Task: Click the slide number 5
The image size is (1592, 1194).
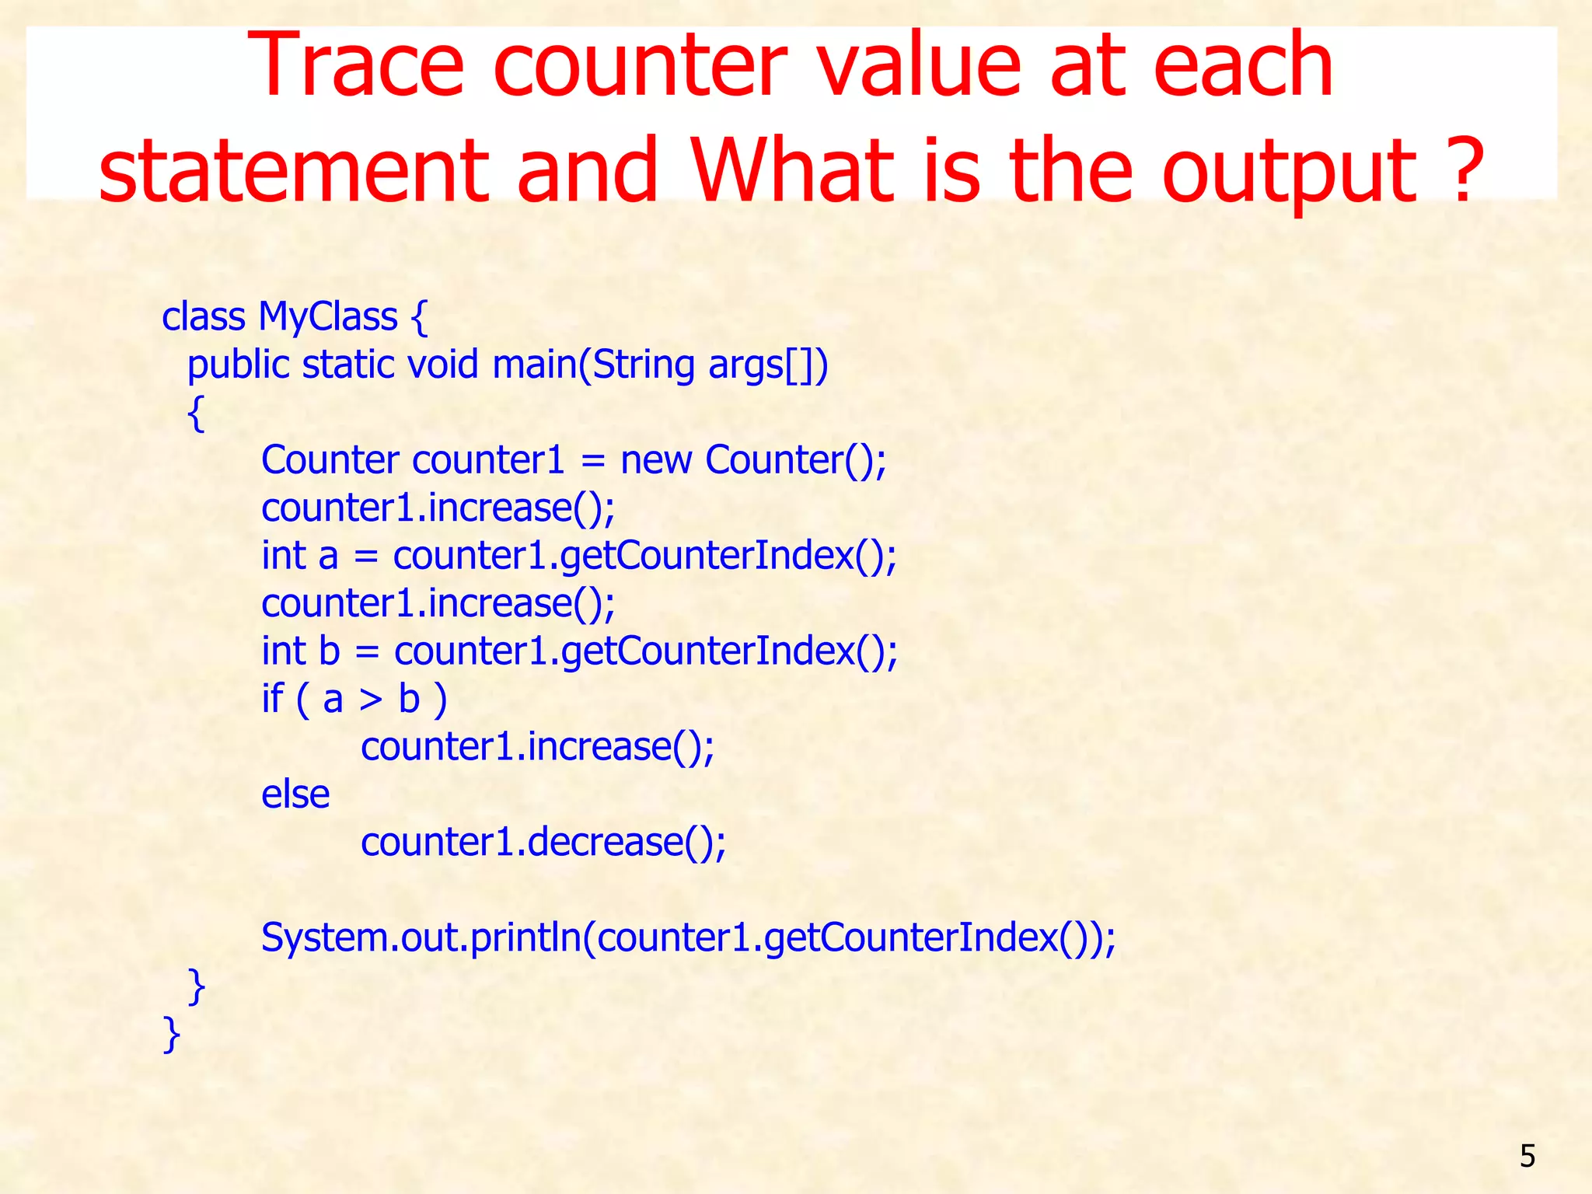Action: point(1527,1156)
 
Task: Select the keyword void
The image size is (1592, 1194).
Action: point(442,365)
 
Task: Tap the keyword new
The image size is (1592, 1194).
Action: point(655,460)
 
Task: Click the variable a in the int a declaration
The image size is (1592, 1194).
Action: point(328,557)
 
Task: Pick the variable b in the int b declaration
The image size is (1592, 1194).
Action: point(330,651)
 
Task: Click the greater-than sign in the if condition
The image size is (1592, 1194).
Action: point(371,700)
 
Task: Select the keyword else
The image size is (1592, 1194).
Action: point(295,794)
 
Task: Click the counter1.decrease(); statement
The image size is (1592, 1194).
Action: point(543,843)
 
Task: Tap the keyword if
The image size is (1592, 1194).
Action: point(272,698)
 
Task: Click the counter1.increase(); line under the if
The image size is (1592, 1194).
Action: point(537,747)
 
